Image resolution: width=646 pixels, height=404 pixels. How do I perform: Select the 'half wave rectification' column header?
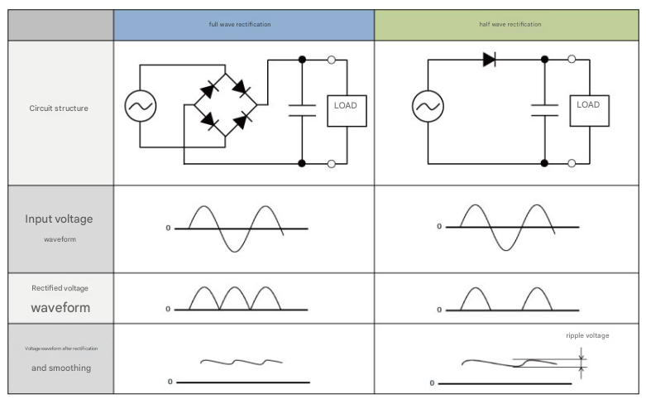(510, 25)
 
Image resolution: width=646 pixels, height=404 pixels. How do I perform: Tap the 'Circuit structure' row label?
(59, 108)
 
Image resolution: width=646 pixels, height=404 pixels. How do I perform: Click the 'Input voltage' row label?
(59, 219)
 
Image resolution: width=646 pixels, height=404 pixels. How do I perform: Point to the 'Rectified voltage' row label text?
(60, 288)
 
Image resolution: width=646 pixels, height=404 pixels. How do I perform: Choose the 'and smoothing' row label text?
(59, 367)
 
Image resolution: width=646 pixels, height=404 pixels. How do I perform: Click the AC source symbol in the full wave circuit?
(141, 105)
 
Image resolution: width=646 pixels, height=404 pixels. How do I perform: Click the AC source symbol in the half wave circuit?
(428, 106)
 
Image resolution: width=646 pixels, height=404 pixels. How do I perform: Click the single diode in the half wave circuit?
(488, 60)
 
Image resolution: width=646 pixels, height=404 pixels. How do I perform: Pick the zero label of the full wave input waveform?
(168, 228)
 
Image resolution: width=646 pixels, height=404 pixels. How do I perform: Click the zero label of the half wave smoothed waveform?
(432, 383)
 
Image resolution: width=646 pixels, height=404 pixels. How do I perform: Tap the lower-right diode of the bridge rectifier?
(241, 123)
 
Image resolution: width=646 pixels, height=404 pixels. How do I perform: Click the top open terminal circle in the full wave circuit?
(331, 60)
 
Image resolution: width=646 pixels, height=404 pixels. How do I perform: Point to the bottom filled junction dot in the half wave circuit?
(545, 163)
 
